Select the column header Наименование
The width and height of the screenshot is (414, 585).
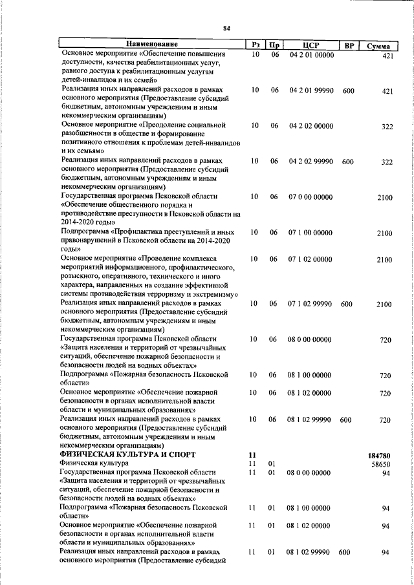point(152,45)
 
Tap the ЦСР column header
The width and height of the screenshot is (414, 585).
point(311,45)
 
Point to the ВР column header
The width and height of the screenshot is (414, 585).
point(349,45)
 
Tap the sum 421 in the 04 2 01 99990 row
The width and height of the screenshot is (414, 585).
point(387,92)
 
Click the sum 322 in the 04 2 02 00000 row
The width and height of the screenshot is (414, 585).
point(387,127)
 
